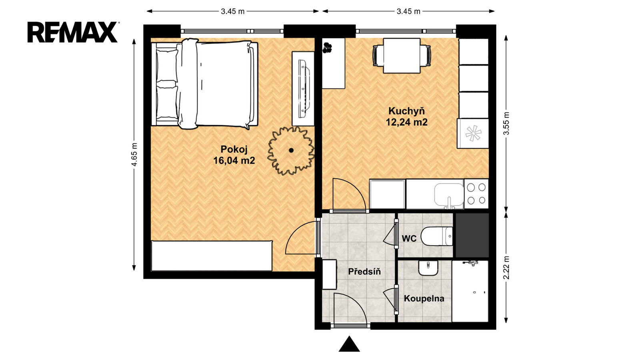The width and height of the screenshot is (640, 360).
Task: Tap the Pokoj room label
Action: pos(234,149)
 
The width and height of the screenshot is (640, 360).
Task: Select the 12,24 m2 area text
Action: pos(406,122)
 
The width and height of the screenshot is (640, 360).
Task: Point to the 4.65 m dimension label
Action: pos(134,154)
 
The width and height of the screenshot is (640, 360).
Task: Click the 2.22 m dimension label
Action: pos(506,268)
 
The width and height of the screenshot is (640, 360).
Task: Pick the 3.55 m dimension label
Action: pos(506,123)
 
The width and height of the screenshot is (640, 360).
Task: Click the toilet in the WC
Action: pos(437,236)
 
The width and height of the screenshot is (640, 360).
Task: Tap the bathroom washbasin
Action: pos(428,268)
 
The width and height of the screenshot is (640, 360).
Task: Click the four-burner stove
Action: pos(476,194)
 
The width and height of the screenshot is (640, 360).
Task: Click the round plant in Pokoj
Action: pos(291,150)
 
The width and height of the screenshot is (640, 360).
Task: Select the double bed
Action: pos(204,84)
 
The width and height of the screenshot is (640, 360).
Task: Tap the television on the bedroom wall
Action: pos(304,88)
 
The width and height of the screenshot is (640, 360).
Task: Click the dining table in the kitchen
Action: pos(402,56)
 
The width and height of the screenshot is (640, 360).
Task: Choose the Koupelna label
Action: pos(424,298)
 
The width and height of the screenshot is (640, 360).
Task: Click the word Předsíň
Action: pos(364,272)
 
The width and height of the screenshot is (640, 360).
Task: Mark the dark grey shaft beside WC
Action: pos(472,235)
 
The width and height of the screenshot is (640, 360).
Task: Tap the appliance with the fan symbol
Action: pos(473,134)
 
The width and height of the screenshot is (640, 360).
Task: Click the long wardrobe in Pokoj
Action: pos(212,256)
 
